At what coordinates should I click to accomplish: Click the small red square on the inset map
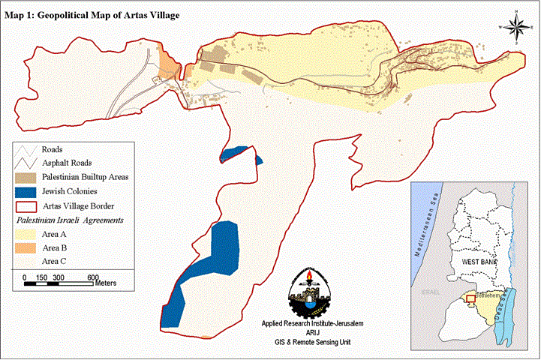click(x=470, y=298)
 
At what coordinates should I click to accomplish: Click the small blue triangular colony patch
click(x=259, y=159)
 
